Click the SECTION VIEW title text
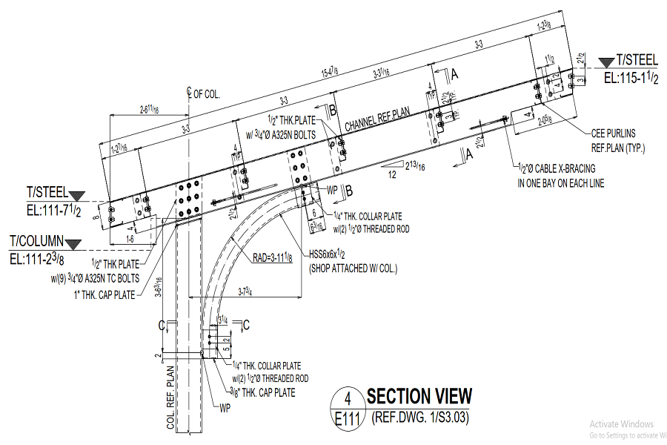[x=419, y=395]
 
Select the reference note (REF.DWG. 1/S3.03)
[x=420, y=418]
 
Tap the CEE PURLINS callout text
[x=618, y=134]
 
